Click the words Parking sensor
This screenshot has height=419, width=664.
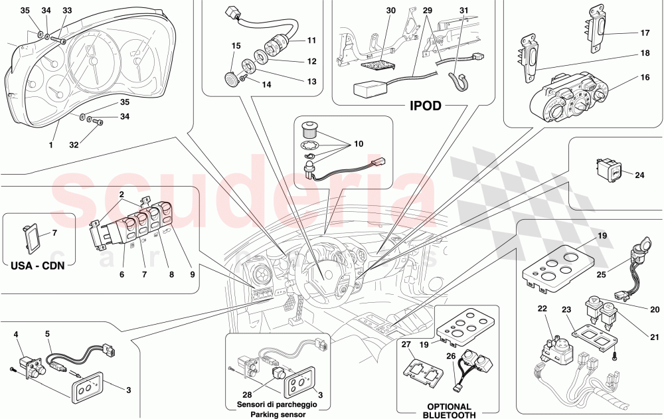277,415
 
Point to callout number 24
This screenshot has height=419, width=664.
639,176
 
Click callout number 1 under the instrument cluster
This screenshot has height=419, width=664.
50,144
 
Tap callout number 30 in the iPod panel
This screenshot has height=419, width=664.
390,11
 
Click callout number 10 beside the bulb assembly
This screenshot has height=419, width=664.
359,144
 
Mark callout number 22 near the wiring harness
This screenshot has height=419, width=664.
542,309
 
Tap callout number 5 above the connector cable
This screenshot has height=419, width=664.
48,334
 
